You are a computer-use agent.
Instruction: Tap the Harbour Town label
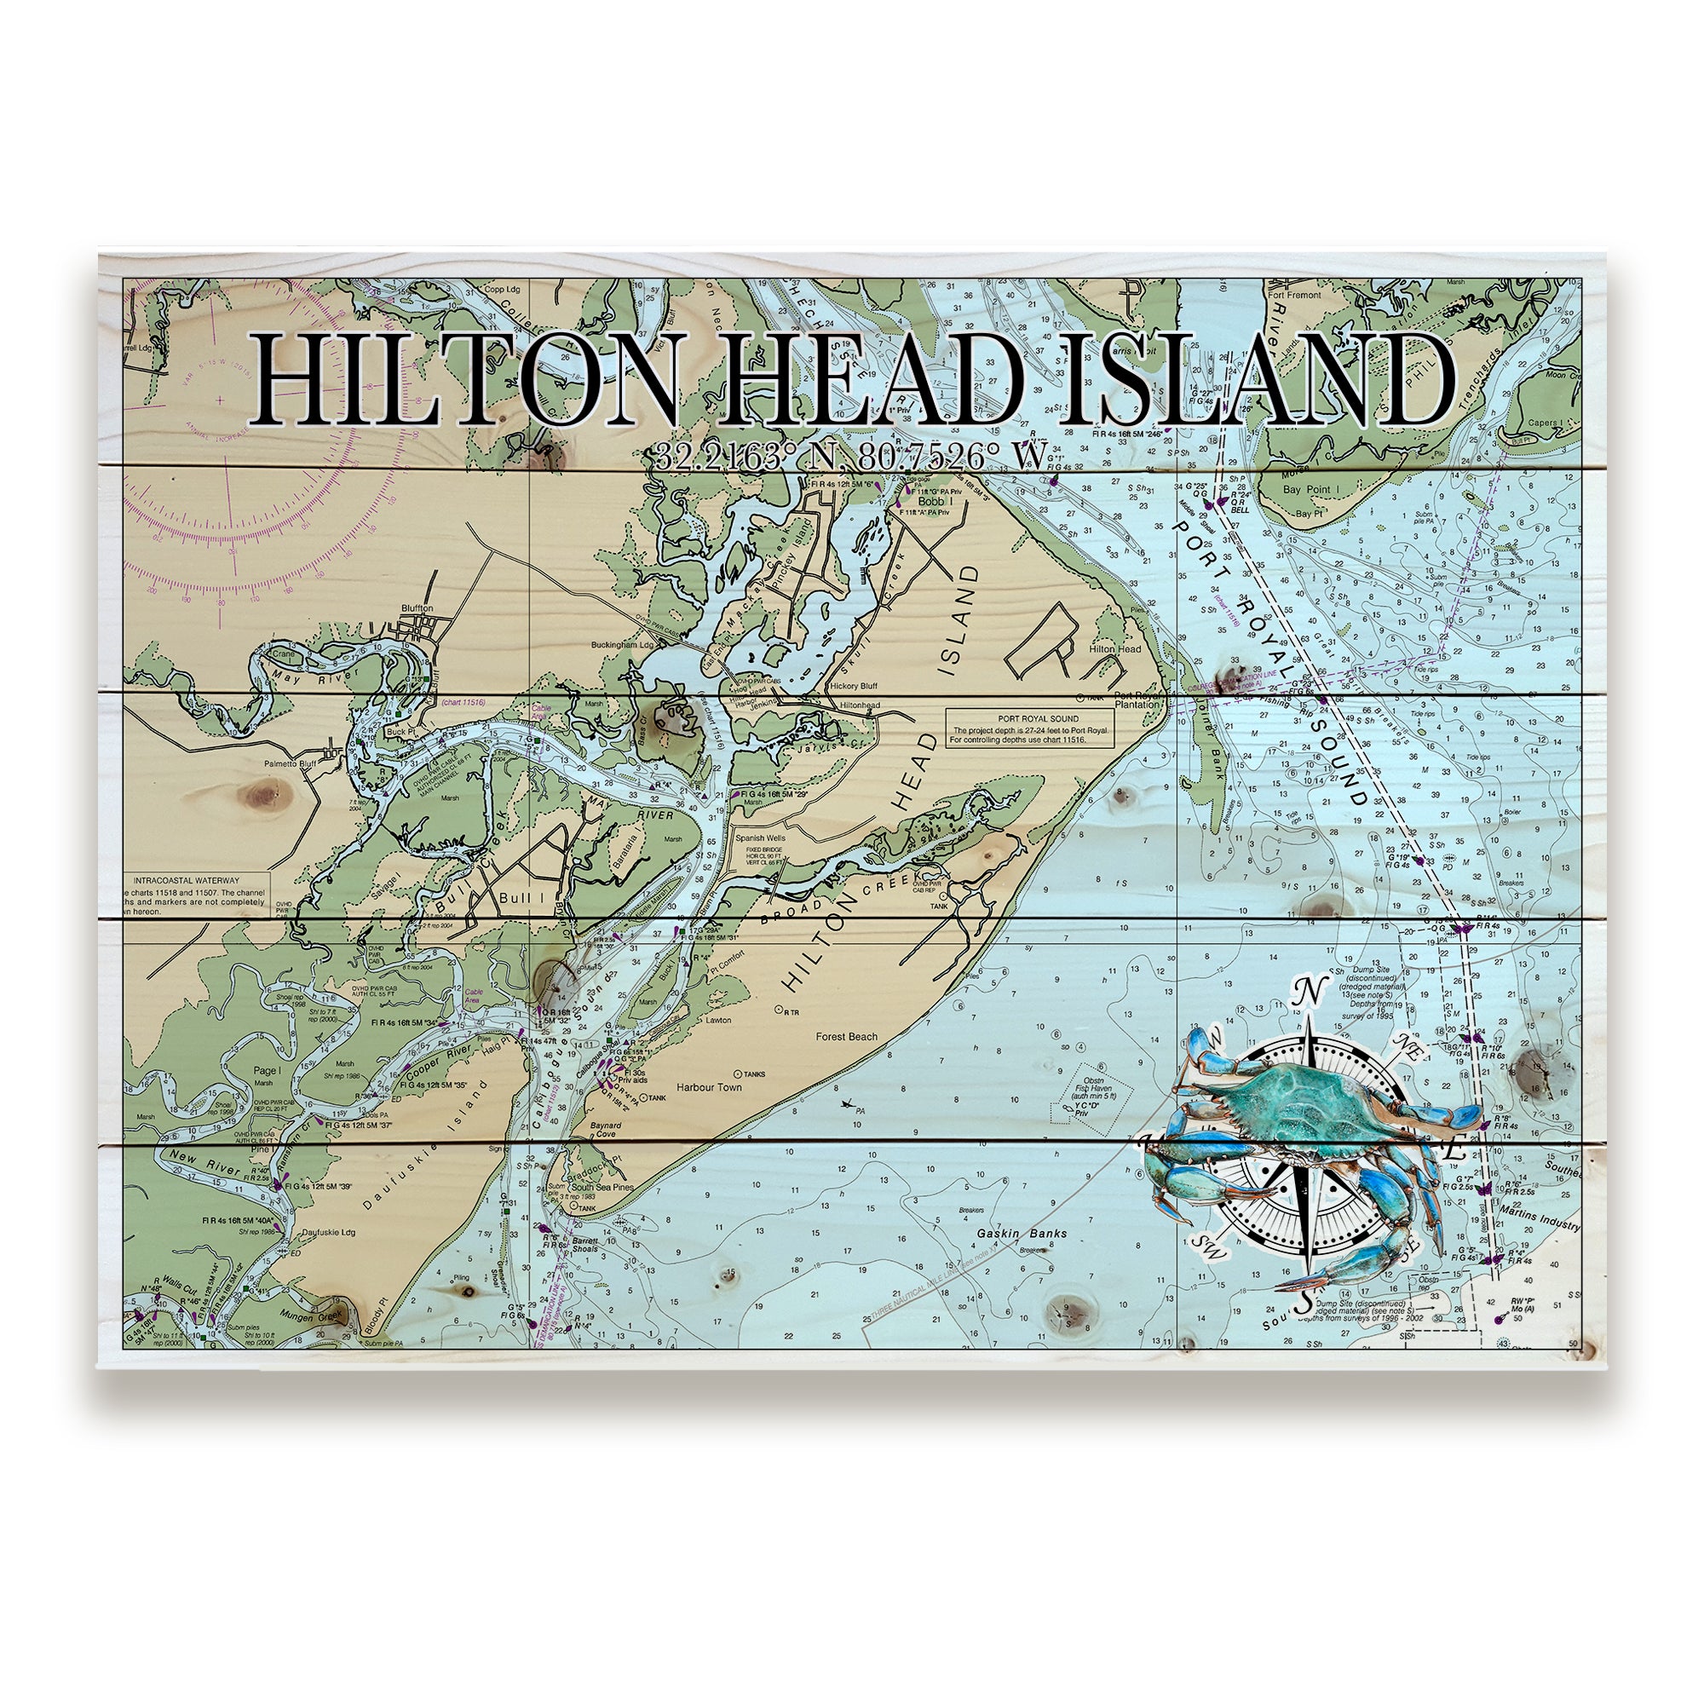tap(709, 1087)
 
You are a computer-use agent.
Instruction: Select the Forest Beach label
tap(847, 1036)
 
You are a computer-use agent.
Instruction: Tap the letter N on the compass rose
tap(1310, 995)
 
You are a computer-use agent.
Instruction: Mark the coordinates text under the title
tap(851, 456)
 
